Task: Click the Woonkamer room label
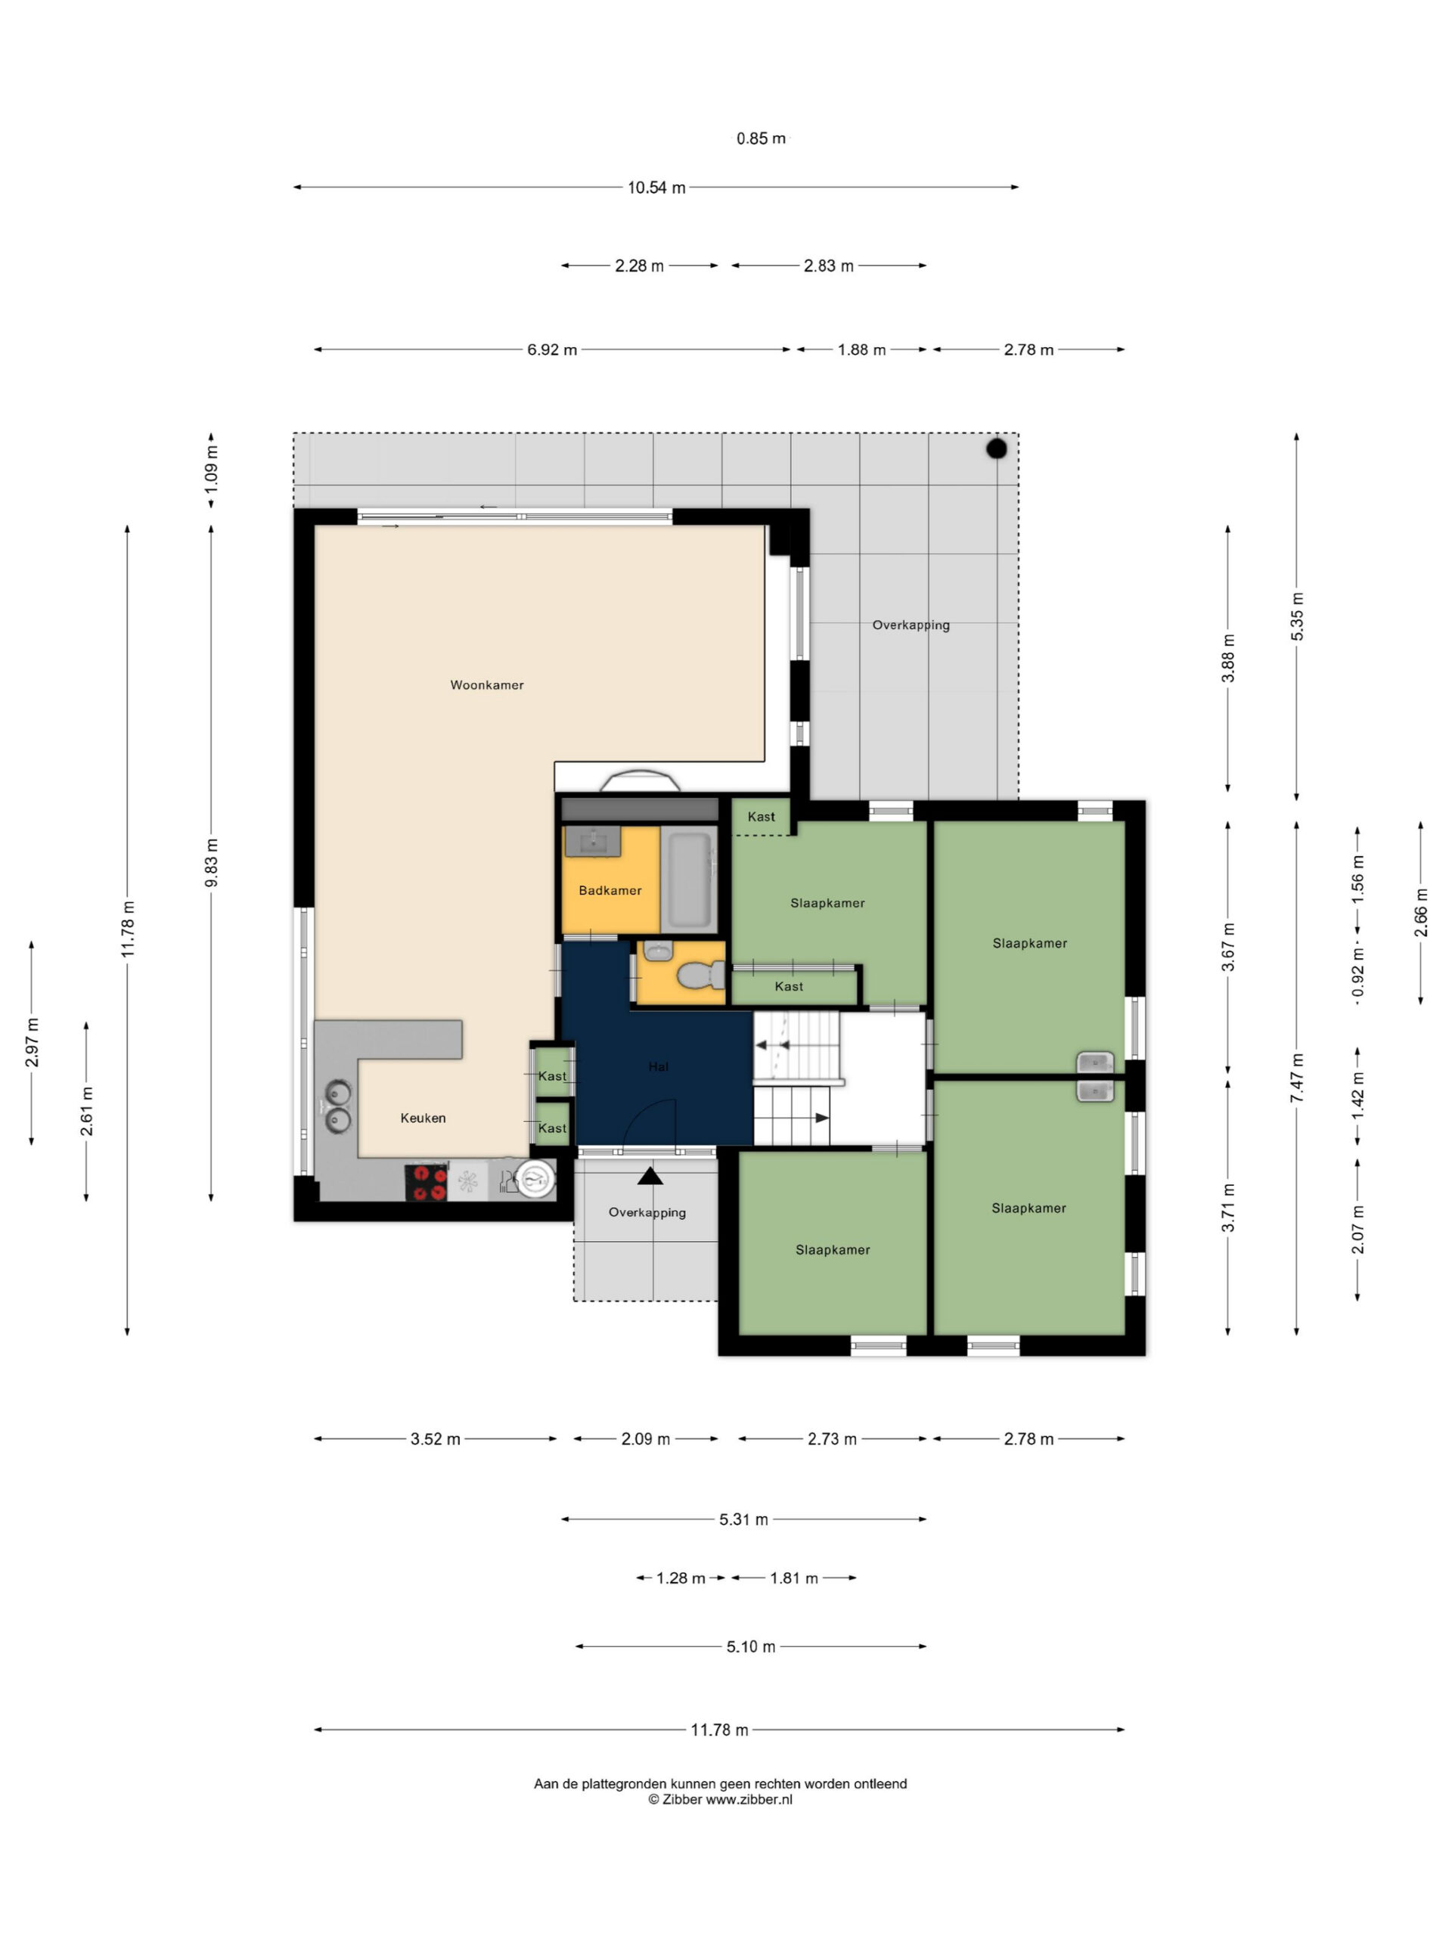coord(486,685)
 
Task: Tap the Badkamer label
coord(610,890)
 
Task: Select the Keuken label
coord(423,1118)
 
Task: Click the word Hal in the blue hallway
coord(658,1066)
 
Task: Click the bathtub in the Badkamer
coord(690,880)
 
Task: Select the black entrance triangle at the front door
coord(650,1175)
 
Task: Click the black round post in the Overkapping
coord(996,449)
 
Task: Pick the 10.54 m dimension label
coord(656,188)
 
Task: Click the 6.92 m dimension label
coord(551,350)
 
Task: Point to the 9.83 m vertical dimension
coord(212,862)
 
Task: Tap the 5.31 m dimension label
coord(744,1519)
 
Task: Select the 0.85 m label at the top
coord(761,138)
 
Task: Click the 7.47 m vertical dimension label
coord(1297,1078)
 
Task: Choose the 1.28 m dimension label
coord(681,1578)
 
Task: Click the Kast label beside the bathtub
coord(761,817)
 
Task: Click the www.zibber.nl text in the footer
coord(749,1799)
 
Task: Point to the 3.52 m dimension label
coord(435,1439)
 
